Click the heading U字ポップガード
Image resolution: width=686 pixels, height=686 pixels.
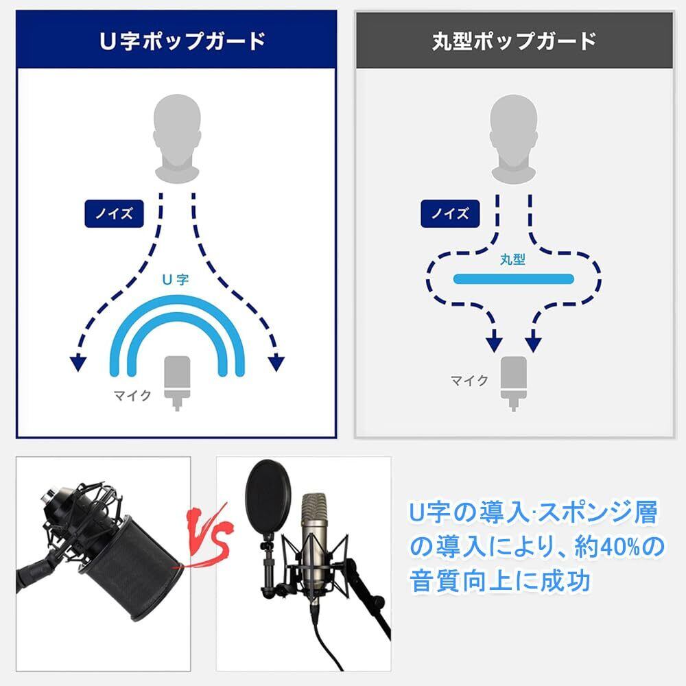point(182,40)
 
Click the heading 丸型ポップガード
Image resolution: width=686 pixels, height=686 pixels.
point(514,40)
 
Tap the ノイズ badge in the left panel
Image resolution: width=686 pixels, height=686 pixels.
point(114,213)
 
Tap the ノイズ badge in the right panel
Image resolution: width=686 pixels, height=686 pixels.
point(450,213)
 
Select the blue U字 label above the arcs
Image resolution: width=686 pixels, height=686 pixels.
point(175,280)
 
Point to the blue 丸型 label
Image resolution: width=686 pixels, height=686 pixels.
point(512,259)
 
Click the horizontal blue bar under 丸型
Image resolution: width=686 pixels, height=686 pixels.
point(513,279)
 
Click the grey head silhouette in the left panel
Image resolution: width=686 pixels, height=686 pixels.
point(177,139)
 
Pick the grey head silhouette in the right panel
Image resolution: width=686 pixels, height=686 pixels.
point(513,139)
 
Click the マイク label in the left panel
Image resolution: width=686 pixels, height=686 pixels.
point(132,396)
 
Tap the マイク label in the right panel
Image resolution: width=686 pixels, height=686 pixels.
point(469,381)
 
